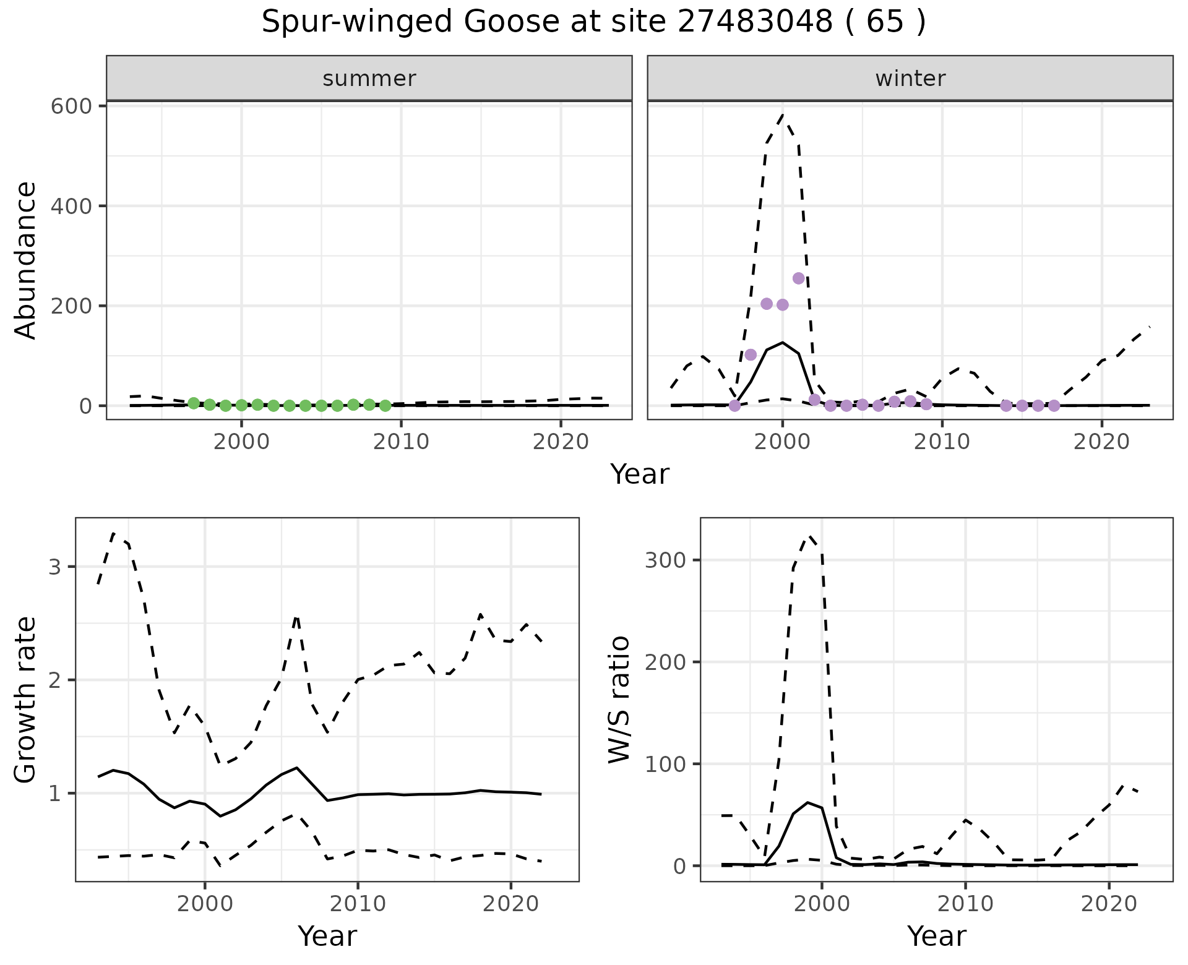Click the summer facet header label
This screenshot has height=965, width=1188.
369,79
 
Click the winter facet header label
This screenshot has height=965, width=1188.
910,79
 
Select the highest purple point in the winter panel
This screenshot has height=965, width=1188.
798,278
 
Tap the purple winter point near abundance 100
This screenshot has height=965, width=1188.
751,354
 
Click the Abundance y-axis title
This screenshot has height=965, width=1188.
26,260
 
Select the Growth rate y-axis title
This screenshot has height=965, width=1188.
26,700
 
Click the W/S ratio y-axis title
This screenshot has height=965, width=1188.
619,700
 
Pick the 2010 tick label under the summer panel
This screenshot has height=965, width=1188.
401,442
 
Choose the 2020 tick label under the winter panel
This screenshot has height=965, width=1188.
1101,442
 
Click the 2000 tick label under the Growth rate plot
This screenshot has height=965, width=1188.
205,904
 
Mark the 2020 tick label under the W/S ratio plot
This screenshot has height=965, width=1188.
1109,904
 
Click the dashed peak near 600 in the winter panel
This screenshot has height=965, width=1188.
783,115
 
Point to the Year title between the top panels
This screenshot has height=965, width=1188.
640,474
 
